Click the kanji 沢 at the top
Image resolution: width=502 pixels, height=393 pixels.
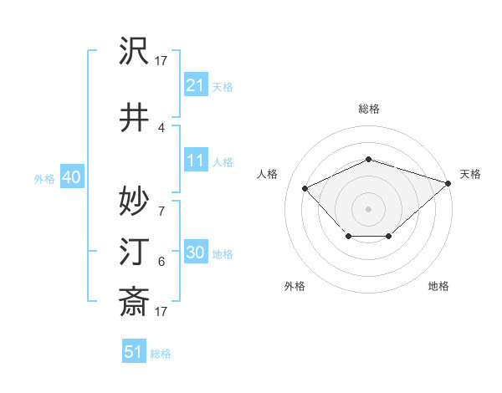click(x=135, y=53)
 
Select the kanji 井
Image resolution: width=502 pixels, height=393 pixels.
click(x=135, y=118)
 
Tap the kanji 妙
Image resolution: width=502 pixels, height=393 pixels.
click(x=135, y=202)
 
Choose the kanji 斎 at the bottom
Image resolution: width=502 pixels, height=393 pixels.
click(x=135, y=301)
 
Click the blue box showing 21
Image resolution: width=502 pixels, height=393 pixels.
click(x=195, y=85)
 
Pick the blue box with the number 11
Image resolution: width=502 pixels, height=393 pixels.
click(x=195, y=161)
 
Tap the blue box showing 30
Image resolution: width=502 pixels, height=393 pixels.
click(x=195, y=253)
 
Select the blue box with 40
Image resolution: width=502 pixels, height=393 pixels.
click(x=70, y=177)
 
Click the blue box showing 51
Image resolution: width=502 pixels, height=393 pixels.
click(x=133, y=352)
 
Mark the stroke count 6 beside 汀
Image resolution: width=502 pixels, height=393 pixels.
click(x=161, y=262)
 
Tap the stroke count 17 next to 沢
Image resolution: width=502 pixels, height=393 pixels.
click(x=161, y=61)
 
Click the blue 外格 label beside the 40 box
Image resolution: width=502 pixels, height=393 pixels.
click(x=44, y=178)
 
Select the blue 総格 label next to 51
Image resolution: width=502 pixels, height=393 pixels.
click(x=161, y=354)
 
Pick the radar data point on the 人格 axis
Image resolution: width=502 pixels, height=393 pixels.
click(x=305, y=188)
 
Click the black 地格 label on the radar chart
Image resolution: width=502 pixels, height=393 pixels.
click(x=438, y=286)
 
